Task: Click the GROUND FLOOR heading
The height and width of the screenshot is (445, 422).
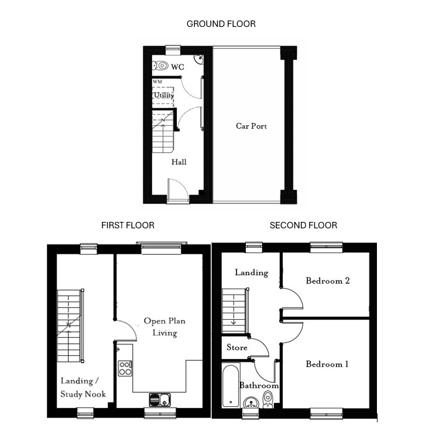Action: click(221, 24)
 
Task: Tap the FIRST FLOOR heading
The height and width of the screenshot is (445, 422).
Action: click(128, 225)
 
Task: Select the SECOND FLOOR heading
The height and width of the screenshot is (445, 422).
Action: click(303, 225)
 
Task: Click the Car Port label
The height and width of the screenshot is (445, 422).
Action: click(251, 126)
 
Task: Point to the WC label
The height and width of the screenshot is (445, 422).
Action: click(178, 67)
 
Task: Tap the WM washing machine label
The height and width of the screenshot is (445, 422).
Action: click(157, 82)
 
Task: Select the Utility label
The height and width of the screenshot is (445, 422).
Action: click(164, 95)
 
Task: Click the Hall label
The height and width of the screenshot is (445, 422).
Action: click(179, 162)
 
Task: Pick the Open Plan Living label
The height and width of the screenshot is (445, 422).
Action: click(164, 327)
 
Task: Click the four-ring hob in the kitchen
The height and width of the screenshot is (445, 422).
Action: click(125, 368)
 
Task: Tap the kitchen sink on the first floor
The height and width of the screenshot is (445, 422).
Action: click(159, 400)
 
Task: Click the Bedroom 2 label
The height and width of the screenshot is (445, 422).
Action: click(328, 280)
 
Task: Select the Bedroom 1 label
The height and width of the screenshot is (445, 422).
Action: click(327, 364)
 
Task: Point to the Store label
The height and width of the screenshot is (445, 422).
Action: click(237, 347)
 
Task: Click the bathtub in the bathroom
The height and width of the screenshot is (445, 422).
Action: click(231, 386)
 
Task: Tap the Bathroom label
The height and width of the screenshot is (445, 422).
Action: click(259, 386)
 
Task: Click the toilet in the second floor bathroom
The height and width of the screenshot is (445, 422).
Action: click(268, 399)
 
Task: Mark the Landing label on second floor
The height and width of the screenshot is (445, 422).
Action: click(251, 272)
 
